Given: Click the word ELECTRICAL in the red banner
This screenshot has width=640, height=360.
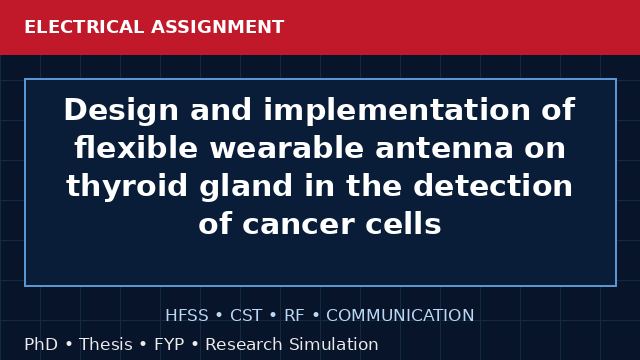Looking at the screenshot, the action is (84, 27).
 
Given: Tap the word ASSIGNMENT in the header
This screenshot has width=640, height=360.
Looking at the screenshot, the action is (218, 27).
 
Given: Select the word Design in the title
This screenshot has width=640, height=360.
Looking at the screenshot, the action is (121, 110).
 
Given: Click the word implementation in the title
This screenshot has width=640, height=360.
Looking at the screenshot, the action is (397, 110).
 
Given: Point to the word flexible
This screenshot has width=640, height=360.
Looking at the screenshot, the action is (136, 147).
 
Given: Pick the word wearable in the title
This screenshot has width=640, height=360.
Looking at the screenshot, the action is (287, 147).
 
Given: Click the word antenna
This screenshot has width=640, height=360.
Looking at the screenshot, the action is (444, 148).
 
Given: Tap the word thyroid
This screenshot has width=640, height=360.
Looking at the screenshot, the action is (127, 186).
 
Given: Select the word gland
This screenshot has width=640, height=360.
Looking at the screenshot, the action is (246, 186).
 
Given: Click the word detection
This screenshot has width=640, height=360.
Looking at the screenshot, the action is (493, 186).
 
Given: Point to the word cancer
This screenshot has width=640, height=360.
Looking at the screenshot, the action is (298, 224).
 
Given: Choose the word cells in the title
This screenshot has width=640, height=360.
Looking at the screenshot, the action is (403, 224).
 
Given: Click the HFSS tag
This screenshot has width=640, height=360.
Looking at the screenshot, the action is (187, 316).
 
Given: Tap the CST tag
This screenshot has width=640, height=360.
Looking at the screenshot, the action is (246, 316).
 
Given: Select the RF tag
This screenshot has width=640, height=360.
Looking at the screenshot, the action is (294, 316).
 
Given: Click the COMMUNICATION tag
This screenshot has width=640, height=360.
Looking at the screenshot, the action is (400, 316).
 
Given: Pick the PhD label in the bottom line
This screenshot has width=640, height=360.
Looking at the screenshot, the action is (41, 344).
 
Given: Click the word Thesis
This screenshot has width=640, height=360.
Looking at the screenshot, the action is (106, 344).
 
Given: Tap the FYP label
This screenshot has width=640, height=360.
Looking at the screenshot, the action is (169, 344).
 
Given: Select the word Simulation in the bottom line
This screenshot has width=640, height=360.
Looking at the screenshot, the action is (333, 344).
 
